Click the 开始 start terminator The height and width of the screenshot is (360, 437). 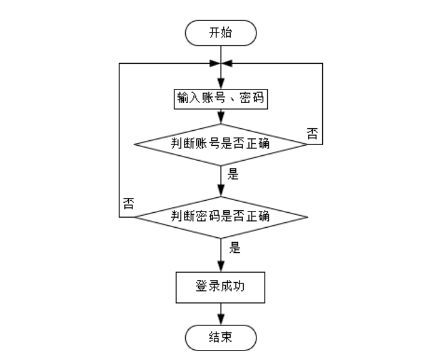(221, 32)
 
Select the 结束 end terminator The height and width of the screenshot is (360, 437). (221, 336)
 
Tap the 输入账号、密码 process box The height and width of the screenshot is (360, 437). (221, 100)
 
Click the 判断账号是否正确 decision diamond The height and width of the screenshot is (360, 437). (221, 144)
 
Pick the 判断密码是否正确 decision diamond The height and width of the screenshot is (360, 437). (221, 217)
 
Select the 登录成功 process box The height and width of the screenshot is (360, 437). (221, 288)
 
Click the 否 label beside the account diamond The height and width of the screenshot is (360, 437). (312, 132)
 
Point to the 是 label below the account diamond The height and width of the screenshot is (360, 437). (233, 174)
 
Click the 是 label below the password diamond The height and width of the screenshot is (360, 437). (235, 248)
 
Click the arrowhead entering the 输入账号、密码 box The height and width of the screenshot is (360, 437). (221, 85)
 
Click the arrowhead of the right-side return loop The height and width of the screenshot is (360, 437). (227, 63)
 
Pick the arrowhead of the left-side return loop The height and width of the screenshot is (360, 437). (214, 63)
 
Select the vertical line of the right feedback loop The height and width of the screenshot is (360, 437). (322, 102)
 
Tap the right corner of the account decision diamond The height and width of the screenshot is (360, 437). (307, 144)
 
